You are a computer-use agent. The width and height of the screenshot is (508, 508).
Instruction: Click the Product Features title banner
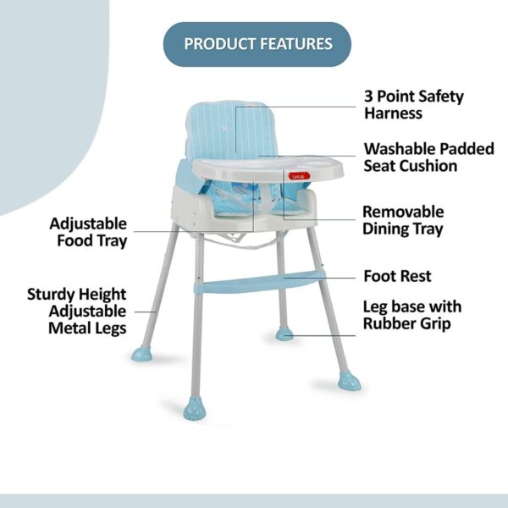[257, 43]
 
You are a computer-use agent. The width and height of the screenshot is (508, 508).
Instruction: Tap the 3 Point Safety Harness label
[413, 104]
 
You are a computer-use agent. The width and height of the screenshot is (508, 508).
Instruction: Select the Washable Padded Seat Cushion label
[428, 157]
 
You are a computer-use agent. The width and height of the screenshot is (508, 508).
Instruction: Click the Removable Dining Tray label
[403, 220]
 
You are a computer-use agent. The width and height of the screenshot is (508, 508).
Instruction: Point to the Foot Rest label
[397, 276]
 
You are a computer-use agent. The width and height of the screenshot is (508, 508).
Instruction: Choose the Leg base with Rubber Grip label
[411, 314]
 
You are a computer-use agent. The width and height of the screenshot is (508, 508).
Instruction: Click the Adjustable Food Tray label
[88, 232]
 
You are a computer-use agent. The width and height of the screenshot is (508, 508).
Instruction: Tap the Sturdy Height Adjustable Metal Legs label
[77, 311]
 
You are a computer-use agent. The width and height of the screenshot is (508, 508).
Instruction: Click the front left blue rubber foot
[195, 410]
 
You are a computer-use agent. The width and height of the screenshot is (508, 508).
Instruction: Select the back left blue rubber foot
[141, 352]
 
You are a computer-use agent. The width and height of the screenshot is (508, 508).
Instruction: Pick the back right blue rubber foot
[284, 334]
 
